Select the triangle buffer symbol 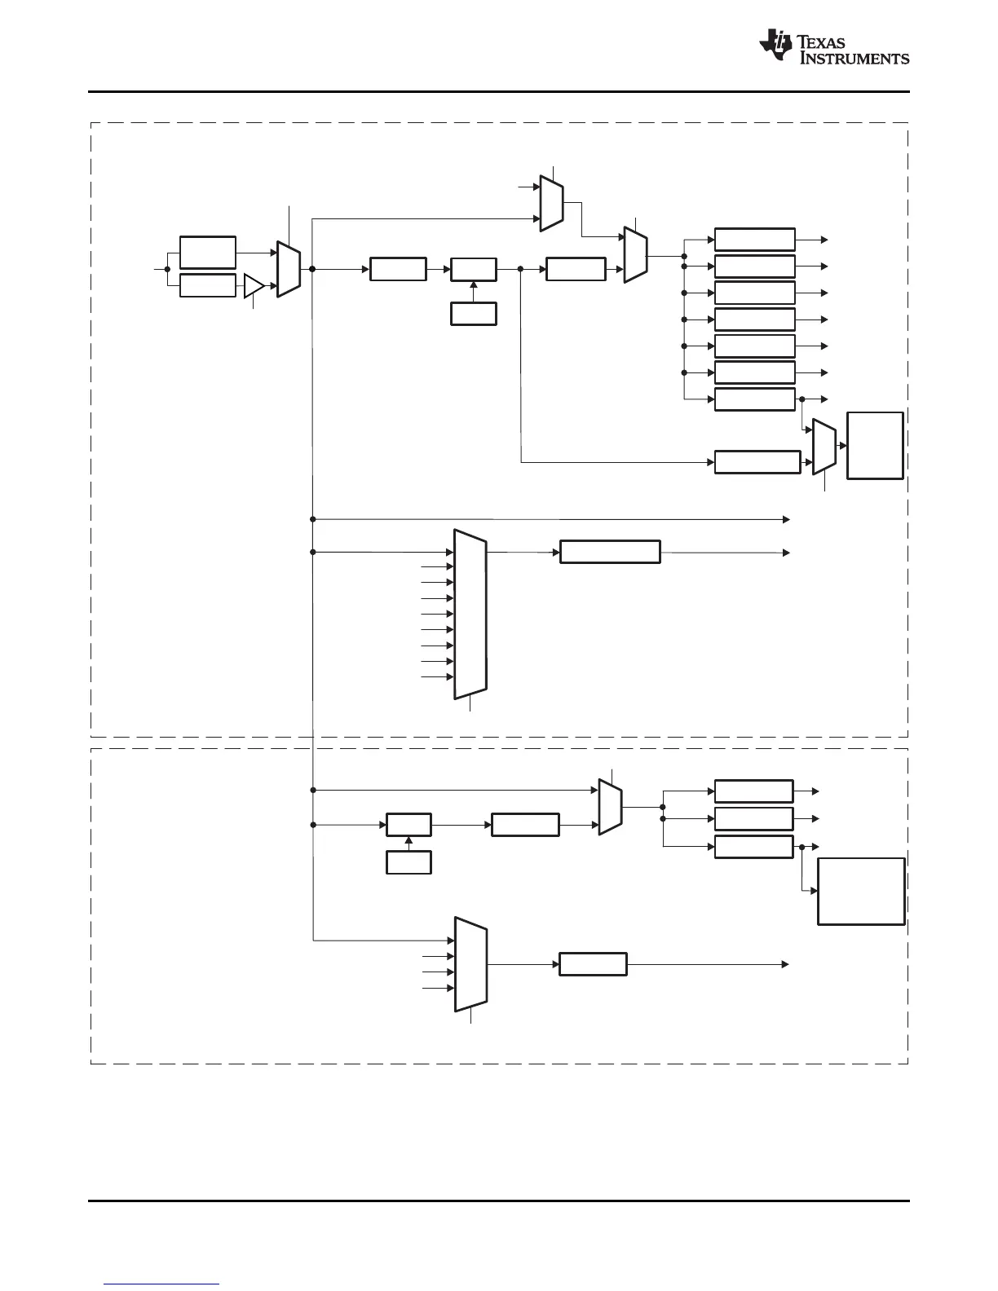(x=254, y=287)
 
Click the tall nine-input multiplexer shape (x=470, y=614)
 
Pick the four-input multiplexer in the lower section (x=470, y=964)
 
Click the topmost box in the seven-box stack (x=754, y=240)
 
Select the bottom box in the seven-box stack (x=754, y=399)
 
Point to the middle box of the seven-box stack (x=754, y=319)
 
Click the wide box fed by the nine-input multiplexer (x=610, y=552)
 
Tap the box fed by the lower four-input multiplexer (x=593, y=964)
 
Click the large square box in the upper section (x=875, y=446)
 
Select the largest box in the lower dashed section (x=861, y=891)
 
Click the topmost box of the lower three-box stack (x=753, y=791)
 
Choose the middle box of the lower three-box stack (x=753, y=818)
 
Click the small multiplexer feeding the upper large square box (x=824, y=447)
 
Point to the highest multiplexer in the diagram (x=552, y=202)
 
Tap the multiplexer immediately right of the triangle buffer (x=289, y=269)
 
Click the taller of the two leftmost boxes (x=208, y=253)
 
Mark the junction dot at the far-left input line (x=167, y=269)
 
